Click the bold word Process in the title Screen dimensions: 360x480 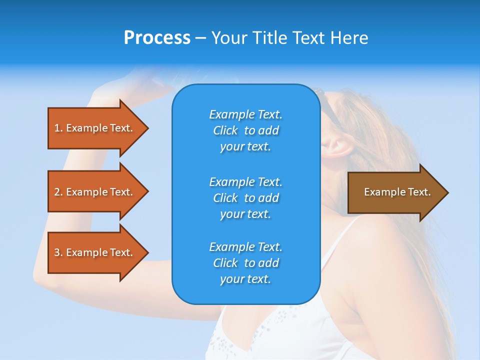(157, 38)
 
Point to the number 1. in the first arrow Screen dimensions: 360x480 (58, 128)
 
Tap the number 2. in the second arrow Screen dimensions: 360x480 (58, 192)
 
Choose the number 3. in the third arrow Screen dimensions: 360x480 (58, 252)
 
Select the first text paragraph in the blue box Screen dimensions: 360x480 (245, 130)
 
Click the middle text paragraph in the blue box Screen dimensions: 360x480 (245, 198)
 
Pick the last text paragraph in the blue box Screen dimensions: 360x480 (245, 263)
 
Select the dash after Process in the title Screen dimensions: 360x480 (200, 38)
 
